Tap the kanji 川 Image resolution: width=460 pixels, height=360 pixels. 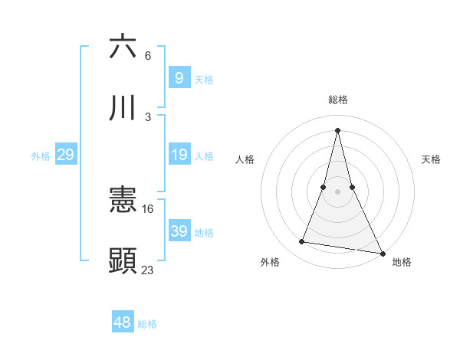pyautogui.click(x=123, y=108)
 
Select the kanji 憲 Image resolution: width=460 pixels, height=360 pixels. pyautogui.click(x=123, y=201)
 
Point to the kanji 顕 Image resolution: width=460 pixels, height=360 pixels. pyautogui.click(x=123, y=260)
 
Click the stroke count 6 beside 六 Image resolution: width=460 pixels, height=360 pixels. pyautogui.click(x=148, y=56)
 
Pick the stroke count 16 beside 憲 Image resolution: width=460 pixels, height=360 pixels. pyautogui.click(x=148, y=208)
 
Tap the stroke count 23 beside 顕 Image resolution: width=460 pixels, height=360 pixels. pyautogui.click(x=148, y=270)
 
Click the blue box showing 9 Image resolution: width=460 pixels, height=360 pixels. pyautogui.click(x=179, y=77)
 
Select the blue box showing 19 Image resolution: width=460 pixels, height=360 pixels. pyautogui.click(x=179, y=155)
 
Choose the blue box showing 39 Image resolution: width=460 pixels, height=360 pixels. pyautogui.click(x=179, y=231)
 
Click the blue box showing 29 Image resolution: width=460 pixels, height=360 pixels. pyautogui.click(x=65, y=155)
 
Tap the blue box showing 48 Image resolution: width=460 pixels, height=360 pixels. pyautogui.click(x=123, y=322)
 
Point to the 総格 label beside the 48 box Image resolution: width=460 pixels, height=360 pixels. pyautogui.click(x=147, y=325)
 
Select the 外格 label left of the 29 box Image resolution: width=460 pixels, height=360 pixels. pyautogui.click(x=41, y=156)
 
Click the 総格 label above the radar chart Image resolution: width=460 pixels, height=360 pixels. pyautogui.click(x=337, y=100)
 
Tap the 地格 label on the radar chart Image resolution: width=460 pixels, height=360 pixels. pyautogui.click(x=402, y=262)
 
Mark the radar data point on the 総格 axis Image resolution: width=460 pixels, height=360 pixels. pyautogui.click(x=337, y=129)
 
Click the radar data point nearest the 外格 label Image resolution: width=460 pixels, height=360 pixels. pyautogui.click(x=302, y=242)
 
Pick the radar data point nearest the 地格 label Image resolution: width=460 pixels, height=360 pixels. pyautogui.click(x=382, y=254)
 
